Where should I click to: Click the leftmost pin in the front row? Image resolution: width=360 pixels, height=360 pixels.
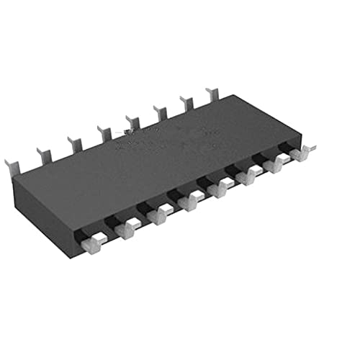pos(91,245)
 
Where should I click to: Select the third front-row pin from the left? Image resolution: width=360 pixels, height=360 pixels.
pos(158,215)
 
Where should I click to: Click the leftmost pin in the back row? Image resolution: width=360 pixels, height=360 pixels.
pos(11,166)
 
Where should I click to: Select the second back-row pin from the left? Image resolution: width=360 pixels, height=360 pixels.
pos(44,153)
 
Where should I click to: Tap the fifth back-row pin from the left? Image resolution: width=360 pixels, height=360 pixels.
pos(132,122)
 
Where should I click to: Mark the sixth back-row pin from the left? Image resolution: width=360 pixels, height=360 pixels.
pos(160,112)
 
